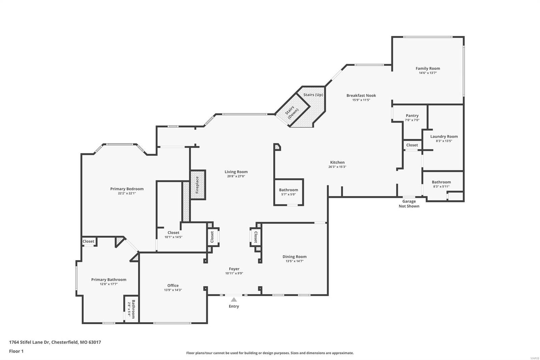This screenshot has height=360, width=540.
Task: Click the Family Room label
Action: click(x=428, y=69)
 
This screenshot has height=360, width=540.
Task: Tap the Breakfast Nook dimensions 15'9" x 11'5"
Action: click(x=361, y=100)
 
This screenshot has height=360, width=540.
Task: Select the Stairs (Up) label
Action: click(x=313, y=95)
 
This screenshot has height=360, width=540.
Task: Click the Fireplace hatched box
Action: click(x=197, y=185)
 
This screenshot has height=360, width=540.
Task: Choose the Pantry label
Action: click(x=412, y=115)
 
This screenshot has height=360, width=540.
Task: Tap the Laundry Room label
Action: click(x=444, y=136)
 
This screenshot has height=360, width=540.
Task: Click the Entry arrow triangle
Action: click(x=234, y=300)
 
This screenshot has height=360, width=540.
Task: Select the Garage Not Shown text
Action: click(x=409, y=204)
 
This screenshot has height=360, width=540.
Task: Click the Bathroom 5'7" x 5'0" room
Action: click(x=289, y=192)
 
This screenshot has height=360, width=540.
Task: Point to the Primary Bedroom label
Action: click(x=127, y=189)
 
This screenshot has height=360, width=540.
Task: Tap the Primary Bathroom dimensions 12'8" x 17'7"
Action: click(x=109, y=284)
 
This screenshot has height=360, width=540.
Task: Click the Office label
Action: click(x=173, y=285)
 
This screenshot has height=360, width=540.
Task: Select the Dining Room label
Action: click(x=294, y=257)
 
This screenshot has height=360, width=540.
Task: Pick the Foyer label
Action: click(x=234, y=269)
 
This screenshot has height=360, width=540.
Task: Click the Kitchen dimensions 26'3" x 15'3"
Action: click(x=337, y=167)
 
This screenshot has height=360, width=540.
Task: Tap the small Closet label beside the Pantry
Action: click(x=412, y=145)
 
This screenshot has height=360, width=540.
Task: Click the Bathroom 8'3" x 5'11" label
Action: click(x=441, y=182)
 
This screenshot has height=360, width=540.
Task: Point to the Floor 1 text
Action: click(x=16, y=351)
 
